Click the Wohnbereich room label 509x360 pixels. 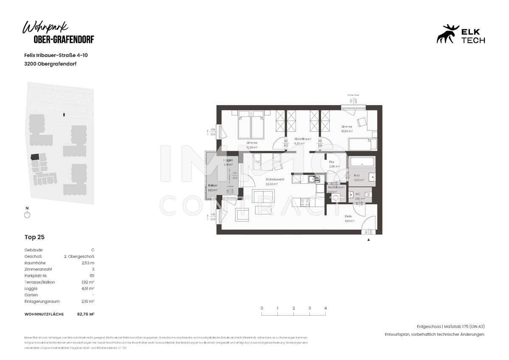[x=275, y=179]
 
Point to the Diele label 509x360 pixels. [x=348, y=216]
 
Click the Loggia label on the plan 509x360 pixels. [x=228, y=160]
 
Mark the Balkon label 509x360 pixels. [x=213, y=186]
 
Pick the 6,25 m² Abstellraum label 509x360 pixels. [x=303, y=139]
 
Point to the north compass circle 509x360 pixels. [x=27, y=215]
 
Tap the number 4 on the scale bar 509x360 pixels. [x=325, y=308]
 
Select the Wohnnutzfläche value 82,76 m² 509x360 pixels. [x=86, y=314]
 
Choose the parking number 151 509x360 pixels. [x=92, y=276]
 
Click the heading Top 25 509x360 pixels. [x=34, y=237]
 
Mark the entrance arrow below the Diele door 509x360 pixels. [x=368, y=240]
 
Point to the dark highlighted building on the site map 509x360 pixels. [x=35, y=157]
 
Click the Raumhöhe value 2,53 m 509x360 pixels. [x=88, y=263]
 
